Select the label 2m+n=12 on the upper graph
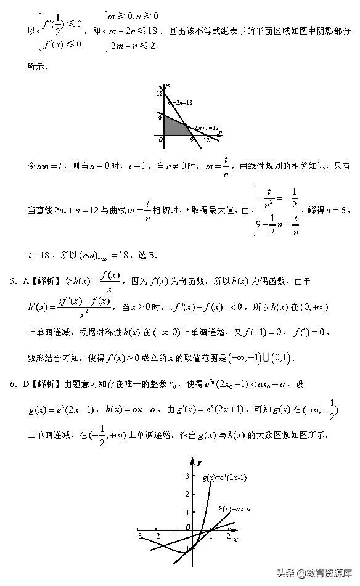(206, 128)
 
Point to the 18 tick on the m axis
(159, 94)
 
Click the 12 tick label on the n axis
(207, 140)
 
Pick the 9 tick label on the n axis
(192, 140)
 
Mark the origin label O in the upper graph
(161, 140)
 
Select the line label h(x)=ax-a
(234, 509)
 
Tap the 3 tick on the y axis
(187, 476)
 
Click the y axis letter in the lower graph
(200, 462)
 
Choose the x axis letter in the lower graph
(236, 539)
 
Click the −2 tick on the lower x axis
(157, 537)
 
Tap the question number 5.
(12, 282)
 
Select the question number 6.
(12, 385)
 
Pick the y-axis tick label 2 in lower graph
(187, 494)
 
